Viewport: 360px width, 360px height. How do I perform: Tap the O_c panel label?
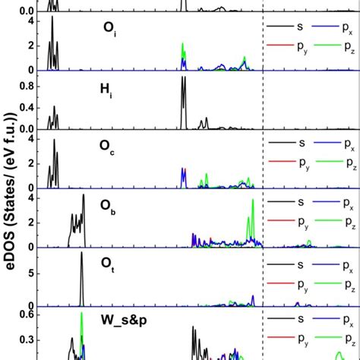point(108,149)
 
